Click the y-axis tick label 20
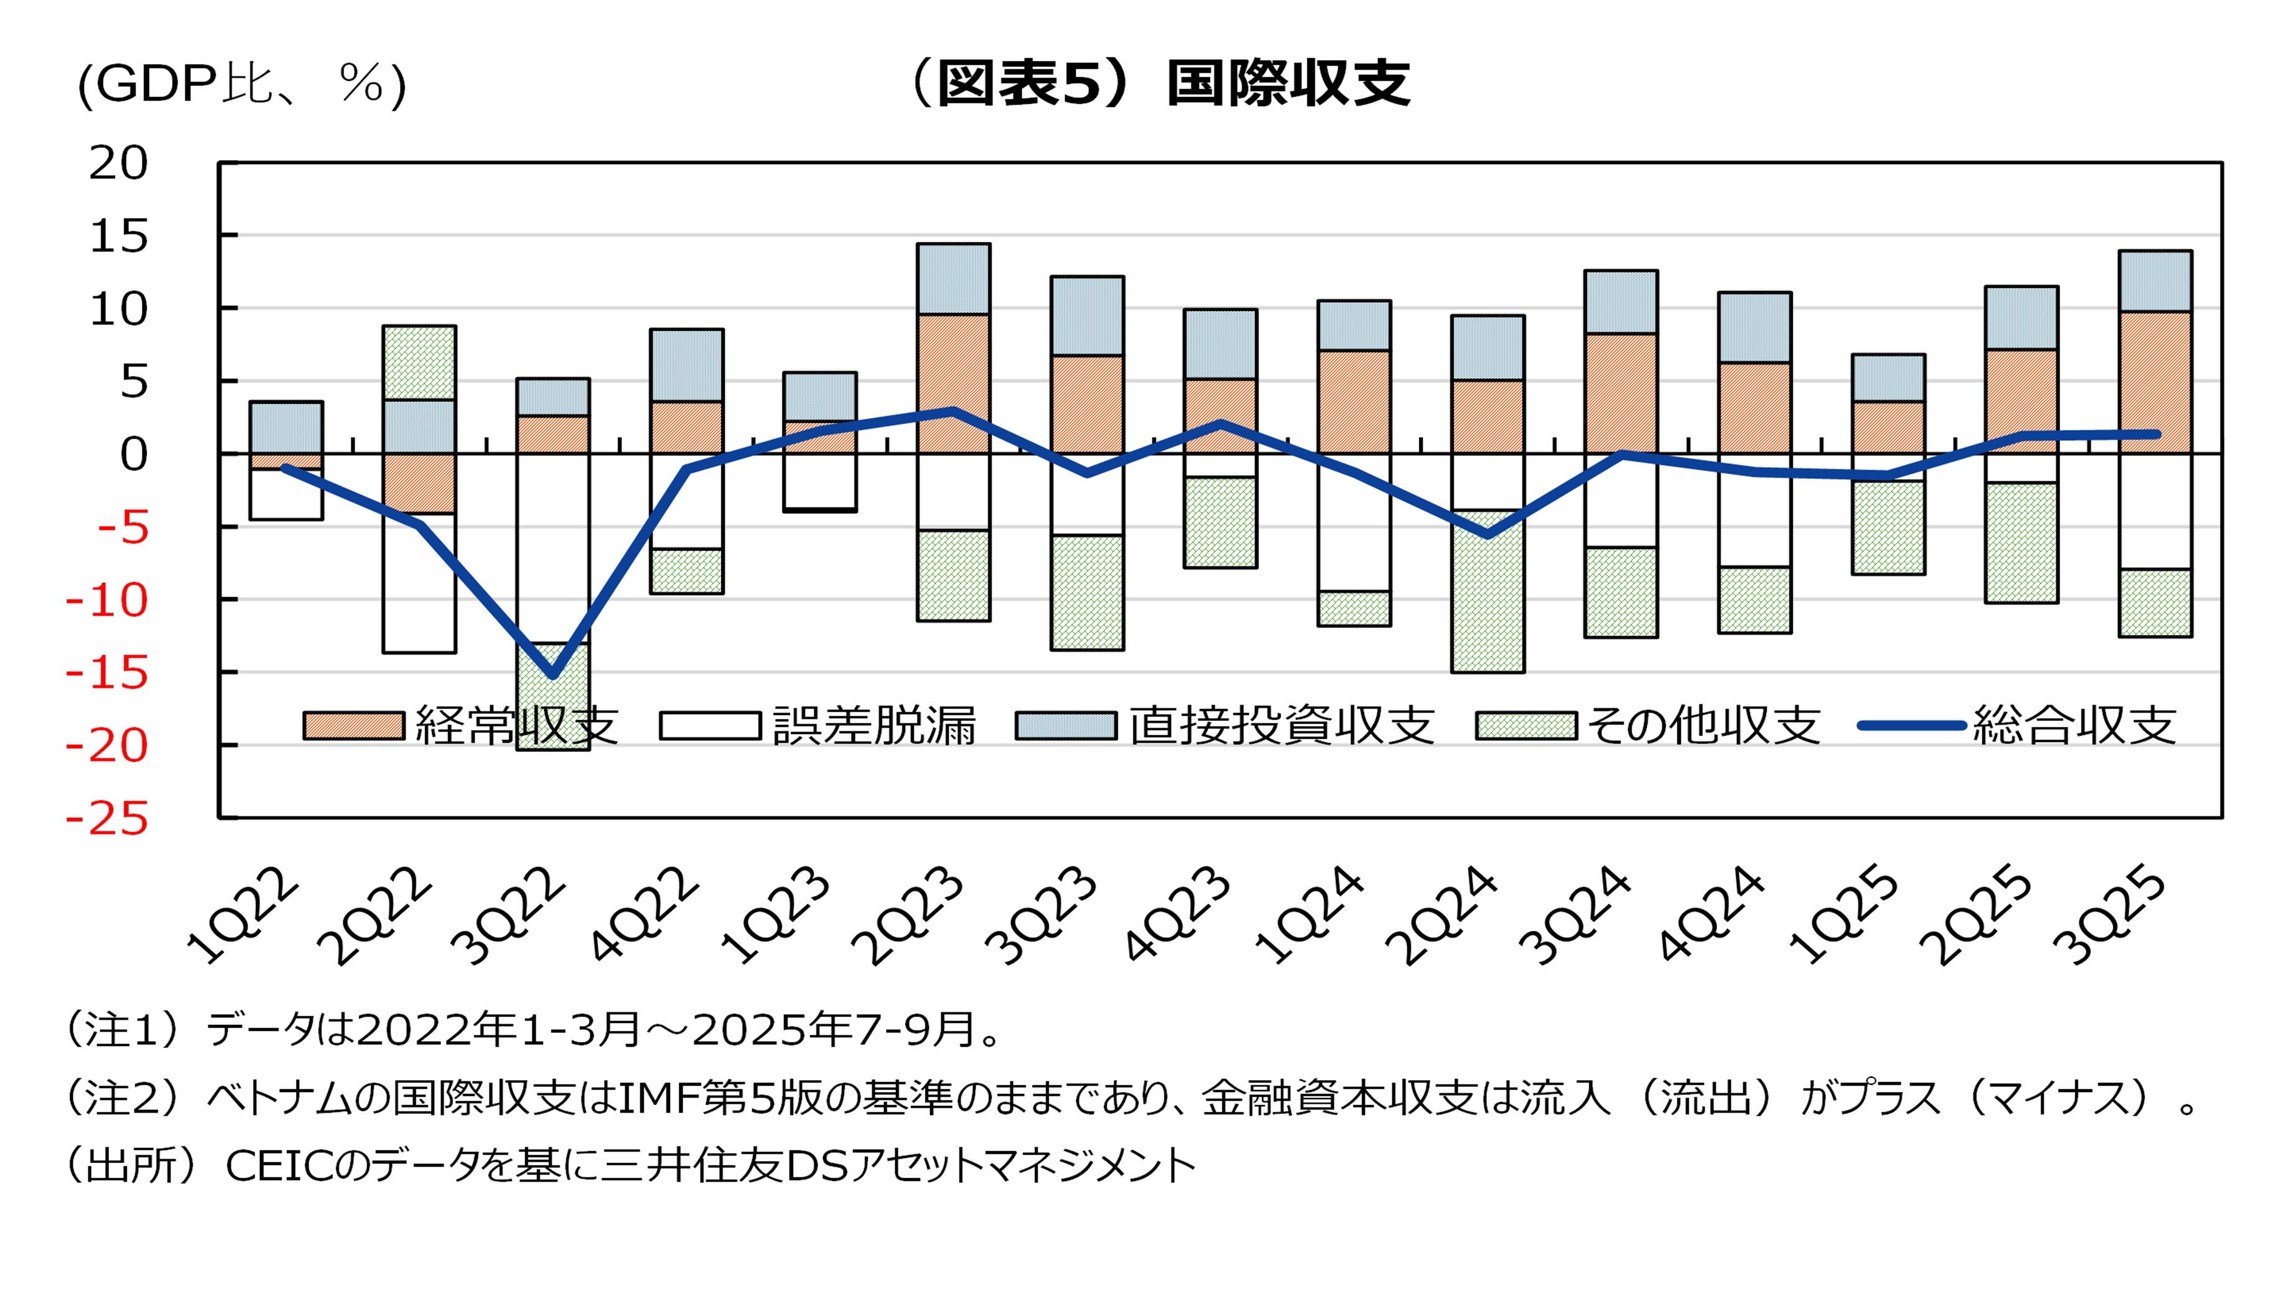click(118, 164)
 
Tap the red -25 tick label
click(108, 819)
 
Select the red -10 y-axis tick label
click(108, 601)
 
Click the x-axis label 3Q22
click(508, 917)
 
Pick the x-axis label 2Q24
click(1442, 917)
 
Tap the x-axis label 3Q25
click(2110, 917)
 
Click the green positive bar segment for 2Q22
click(419, 363)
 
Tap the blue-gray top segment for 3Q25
click(2155, 281)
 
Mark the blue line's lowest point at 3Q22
click(553, 675)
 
